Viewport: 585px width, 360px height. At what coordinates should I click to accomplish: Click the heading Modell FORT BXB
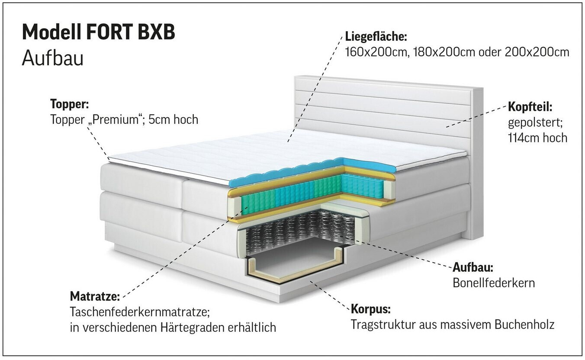coord(98,32)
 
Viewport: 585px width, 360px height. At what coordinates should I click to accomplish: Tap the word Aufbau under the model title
coord(52,58)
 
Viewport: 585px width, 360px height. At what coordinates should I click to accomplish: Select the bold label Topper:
coord(70,104)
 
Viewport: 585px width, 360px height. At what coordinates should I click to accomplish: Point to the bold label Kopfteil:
coord(530,107)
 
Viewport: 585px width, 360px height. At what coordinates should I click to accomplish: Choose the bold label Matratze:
coord(95,297)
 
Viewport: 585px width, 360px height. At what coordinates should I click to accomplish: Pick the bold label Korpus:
coord(371,310)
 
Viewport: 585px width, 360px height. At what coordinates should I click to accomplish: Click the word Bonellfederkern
coord(494,283)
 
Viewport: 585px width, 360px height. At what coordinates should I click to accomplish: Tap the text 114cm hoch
coord(537,138)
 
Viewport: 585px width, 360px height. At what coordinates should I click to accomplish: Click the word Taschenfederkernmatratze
coord(139,312)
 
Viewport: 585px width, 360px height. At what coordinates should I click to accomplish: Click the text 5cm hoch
coord(173,119)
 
